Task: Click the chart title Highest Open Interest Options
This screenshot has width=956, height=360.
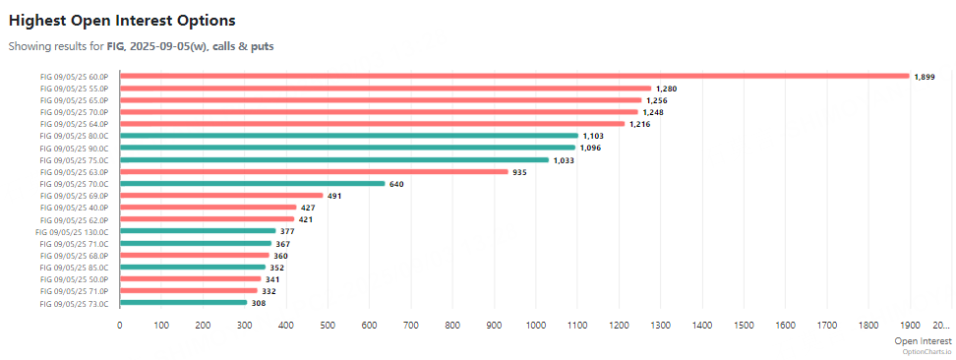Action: point(122,20)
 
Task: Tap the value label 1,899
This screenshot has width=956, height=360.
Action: point(925,77)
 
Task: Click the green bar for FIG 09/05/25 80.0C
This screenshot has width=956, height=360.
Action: point(348,136)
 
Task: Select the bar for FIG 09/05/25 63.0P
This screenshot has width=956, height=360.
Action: point(314,171)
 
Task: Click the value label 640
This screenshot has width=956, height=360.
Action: point(396,184)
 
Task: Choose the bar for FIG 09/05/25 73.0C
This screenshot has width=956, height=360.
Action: point(183,303)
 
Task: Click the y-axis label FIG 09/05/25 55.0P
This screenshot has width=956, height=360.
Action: point(74,89)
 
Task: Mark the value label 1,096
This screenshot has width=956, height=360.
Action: point(591,149)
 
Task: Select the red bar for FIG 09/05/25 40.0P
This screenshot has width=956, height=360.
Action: point(208,208)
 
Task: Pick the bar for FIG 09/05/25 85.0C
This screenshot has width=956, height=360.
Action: point(193,267)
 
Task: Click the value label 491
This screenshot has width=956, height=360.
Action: point(334,196)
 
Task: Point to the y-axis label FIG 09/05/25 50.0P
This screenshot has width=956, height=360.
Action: point(74,279)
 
